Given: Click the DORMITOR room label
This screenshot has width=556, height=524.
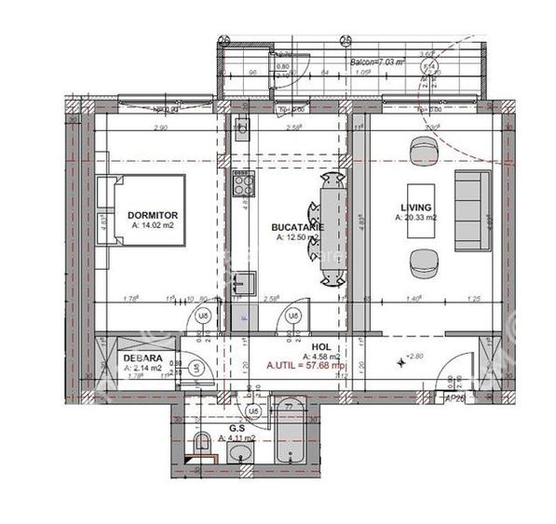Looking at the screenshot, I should (x=152, y=215).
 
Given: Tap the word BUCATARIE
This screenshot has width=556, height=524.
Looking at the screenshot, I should (x=296, y=227).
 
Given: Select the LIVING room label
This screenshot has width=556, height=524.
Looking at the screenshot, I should (x=415, y=208).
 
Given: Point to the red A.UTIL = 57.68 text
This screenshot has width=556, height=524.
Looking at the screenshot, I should (x=305, y=366).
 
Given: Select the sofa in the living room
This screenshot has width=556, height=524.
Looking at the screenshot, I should (x=471, y=210).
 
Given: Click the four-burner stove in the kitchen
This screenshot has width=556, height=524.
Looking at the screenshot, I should (x=241, y=183).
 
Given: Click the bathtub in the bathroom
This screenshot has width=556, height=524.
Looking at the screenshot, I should (x=290, y=435).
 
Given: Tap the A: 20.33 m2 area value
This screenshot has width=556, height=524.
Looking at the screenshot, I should (x=416, y=218).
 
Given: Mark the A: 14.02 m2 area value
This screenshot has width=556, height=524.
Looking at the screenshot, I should (x=153, y=224).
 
